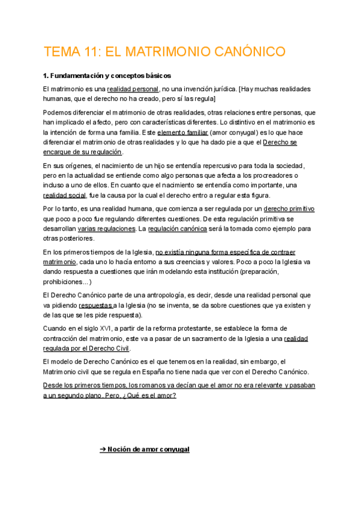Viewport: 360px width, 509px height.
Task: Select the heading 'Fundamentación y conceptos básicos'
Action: (x=112, y=76)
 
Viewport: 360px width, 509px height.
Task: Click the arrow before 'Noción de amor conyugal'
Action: (x=103, y=449)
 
